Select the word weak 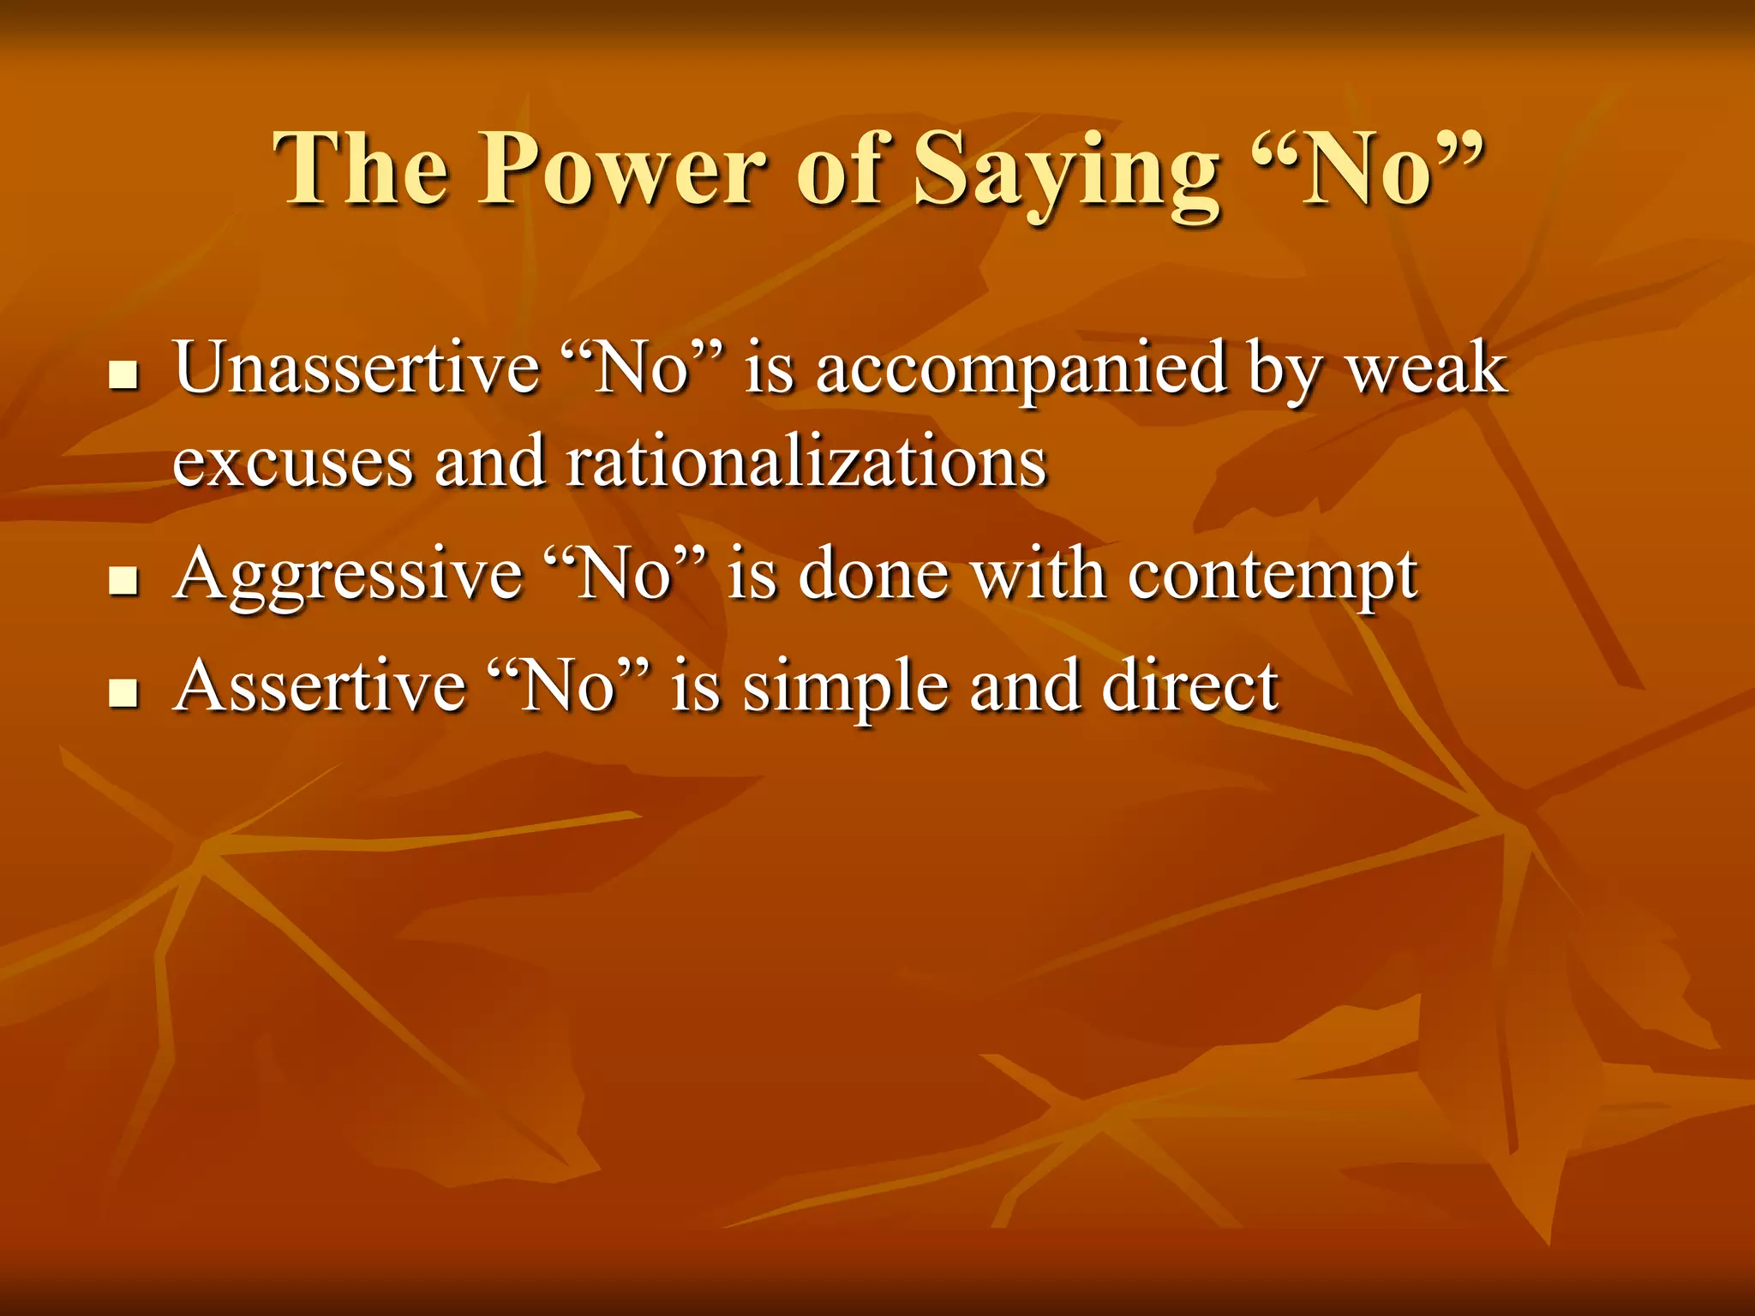click(1428, 368)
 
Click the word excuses click(292, 463)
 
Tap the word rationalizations click(806, 463)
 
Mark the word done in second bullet click(873, 574)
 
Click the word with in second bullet click(1038, 574)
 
